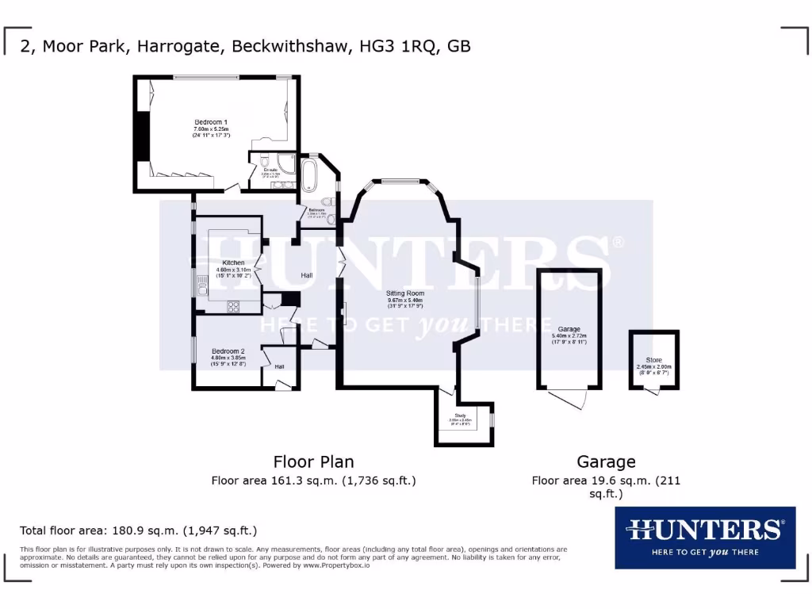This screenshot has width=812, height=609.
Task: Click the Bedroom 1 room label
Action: click(x=210, y=122)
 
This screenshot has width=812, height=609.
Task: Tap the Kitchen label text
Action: click(x=233, y=262)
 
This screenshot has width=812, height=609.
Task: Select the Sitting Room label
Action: click(x=404, y=293)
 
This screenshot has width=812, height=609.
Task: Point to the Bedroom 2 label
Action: click(x=228, y=350)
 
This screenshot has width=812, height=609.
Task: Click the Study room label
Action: click(x=460, y=415)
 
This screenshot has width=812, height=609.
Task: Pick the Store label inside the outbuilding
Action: click(x=653, y=360)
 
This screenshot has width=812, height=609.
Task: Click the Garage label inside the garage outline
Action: click(x=569, y=329)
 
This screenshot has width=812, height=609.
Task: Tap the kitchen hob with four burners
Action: click(x=236, y=307)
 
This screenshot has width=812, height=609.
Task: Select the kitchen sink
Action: click(x=203, y=284)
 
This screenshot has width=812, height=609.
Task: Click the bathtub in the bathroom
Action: click(x=308, y=174)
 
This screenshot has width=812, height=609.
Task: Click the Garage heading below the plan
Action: click(x=606, y=462)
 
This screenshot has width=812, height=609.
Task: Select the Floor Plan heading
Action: click(x=313, y=462)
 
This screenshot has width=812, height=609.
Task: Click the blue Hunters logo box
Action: click(x=705, y=538)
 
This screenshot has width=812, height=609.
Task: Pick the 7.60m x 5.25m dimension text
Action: click(x=210, y=129)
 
